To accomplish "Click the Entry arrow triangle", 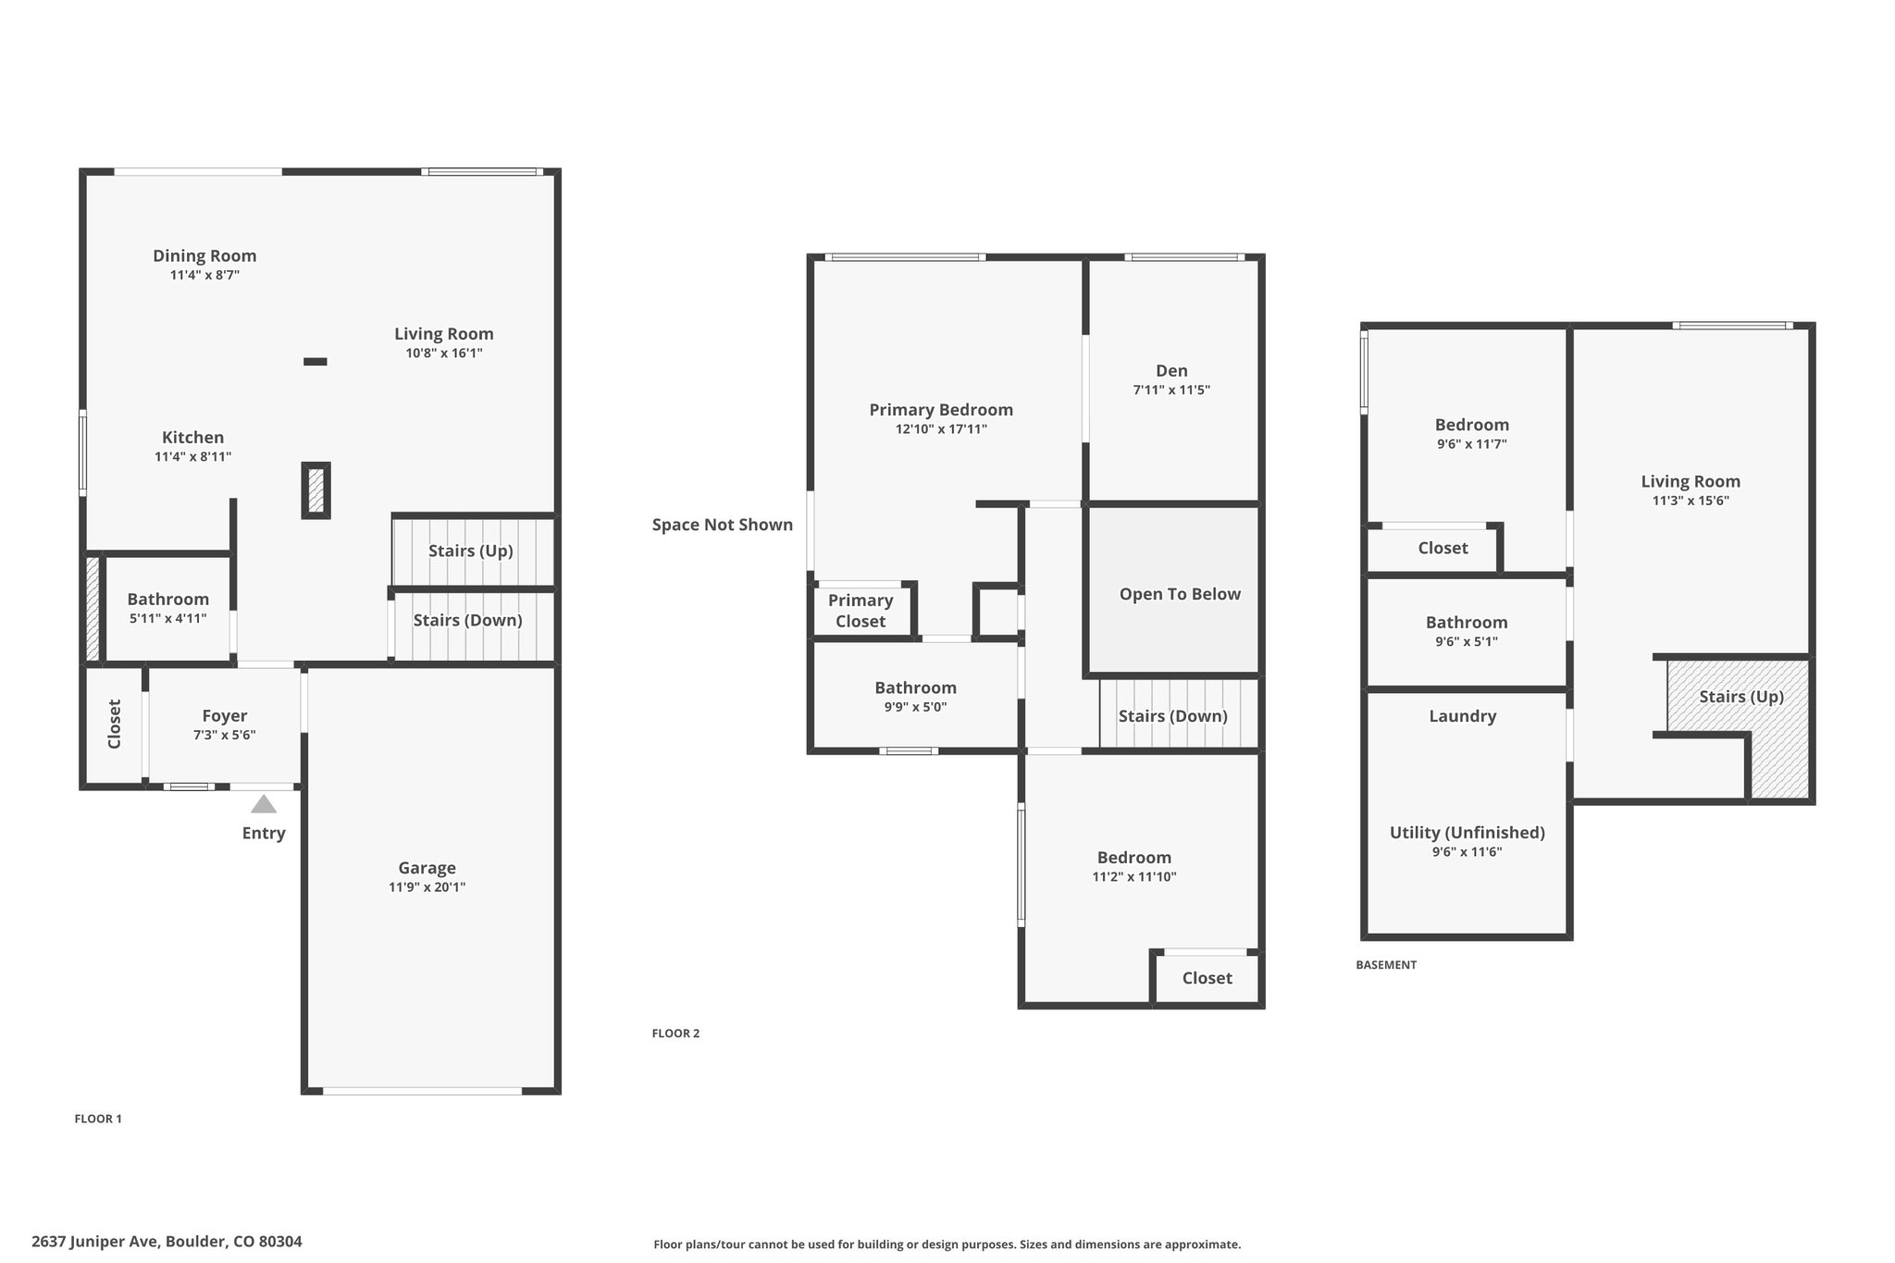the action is click(264, 804).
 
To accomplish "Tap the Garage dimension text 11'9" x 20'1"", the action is click(427, 887).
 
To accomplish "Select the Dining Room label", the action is click(204, 256).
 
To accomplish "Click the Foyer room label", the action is click(225, 716).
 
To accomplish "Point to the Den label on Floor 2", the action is click(1171, 371).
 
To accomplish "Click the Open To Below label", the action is click(1180, 594).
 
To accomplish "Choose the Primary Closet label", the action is click(861, 611).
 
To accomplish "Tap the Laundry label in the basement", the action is click(1462, 716).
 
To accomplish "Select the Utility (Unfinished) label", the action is click(1468, 833).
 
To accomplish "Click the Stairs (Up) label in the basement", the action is click(1741, 697).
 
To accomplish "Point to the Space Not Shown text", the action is click(723, 525).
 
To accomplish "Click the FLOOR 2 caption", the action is click(675, 1034).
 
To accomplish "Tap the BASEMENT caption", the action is click(1386, 965).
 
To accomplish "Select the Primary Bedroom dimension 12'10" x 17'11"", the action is click(941, 429).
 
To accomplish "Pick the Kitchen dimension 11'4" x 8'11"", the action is click(192, 457).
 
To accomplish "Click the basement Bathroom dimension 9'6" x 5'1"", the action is click(1467, 641).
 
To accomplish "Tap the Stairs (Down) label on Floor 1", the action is click(467, 620).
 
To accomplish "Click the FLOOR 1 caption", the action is click(98, 1119).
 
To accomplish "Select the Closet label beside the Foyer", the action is click(115, 724).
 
